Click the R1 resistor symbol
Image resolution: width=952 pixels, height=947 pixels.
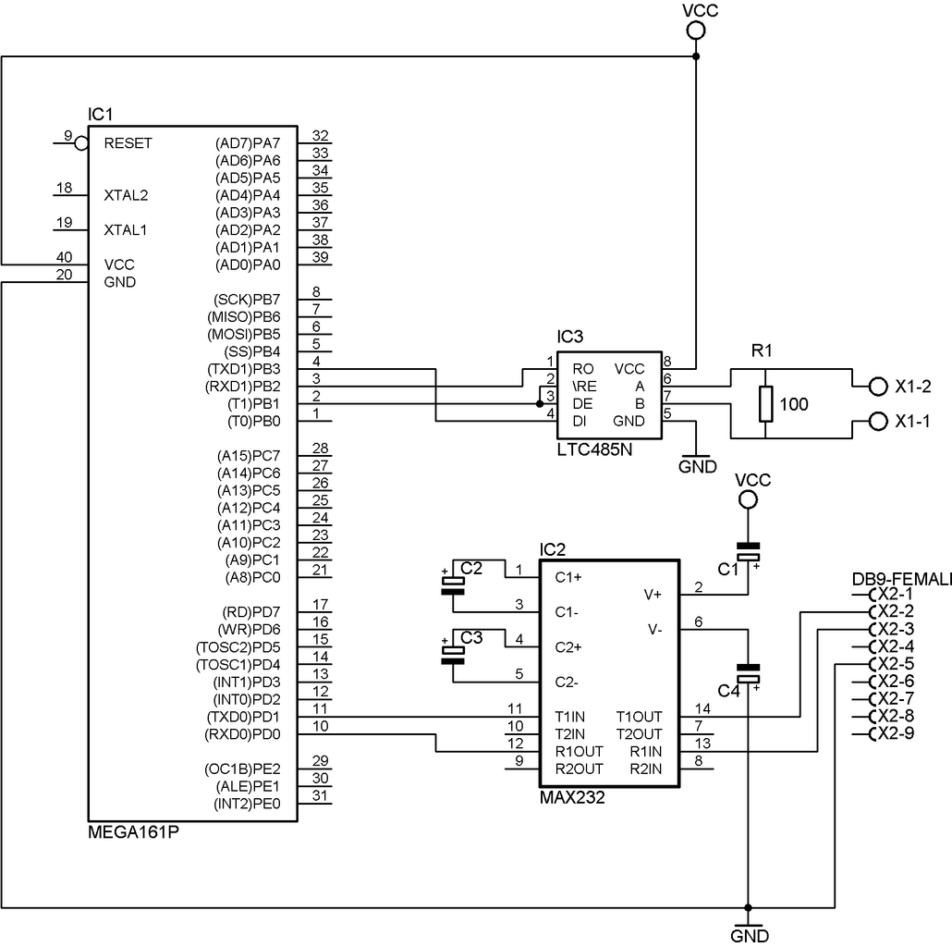click(x=765, y=404)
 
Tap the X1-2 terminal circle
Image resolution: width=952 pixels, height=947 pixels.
click(x=878, y=387)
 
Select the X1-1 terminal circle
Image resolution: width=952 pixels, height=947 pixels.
click(x=878, y=421)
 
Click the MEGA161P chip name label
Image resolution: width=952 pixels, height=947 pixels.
click(x=134, y=832)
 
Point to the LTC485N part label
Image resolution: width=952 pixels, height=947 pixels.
click(x=594, y=449)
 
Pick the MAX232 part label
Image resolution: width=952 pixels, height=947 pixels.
click(x=572, y=797)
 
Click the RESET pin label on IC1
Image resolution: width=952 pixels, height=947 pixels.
click(x=128, y=143)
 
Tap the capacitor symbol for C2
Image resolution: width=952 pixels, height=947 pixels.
click(x=453, y=585)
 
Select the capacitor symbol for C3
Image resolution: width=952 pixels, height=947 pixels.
click(x=453, y=655)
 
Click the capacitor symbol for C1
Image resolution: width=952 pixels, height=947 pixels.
click(x=748, y=551)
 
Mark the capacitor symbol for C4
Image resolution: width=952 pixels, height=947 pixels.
click(x=748, y=673)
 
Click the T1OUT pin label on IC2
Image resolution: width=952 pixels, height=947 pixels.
click(x=639, y=717)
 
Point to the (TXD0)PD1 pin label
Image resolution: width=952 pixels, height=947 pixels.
click(x=243, y=717)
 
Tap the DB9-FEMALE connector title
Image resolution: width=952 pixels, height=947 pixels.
click(x=901, y=580)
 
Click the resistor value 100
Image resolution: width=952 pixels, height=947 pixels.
click(x=794, y=404)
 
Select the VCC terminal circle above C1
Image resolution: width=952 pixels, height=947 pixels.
click(x=748, y=500)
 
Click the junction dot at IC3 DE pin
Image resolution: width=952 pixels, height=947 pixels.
click(x=540, y=404)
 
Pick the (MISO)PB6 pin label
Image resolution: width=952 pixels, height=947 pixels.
click(x=243, y=317)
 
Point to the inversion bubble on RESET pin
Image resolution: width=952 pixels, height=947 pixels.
click(x=81, y=143)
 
